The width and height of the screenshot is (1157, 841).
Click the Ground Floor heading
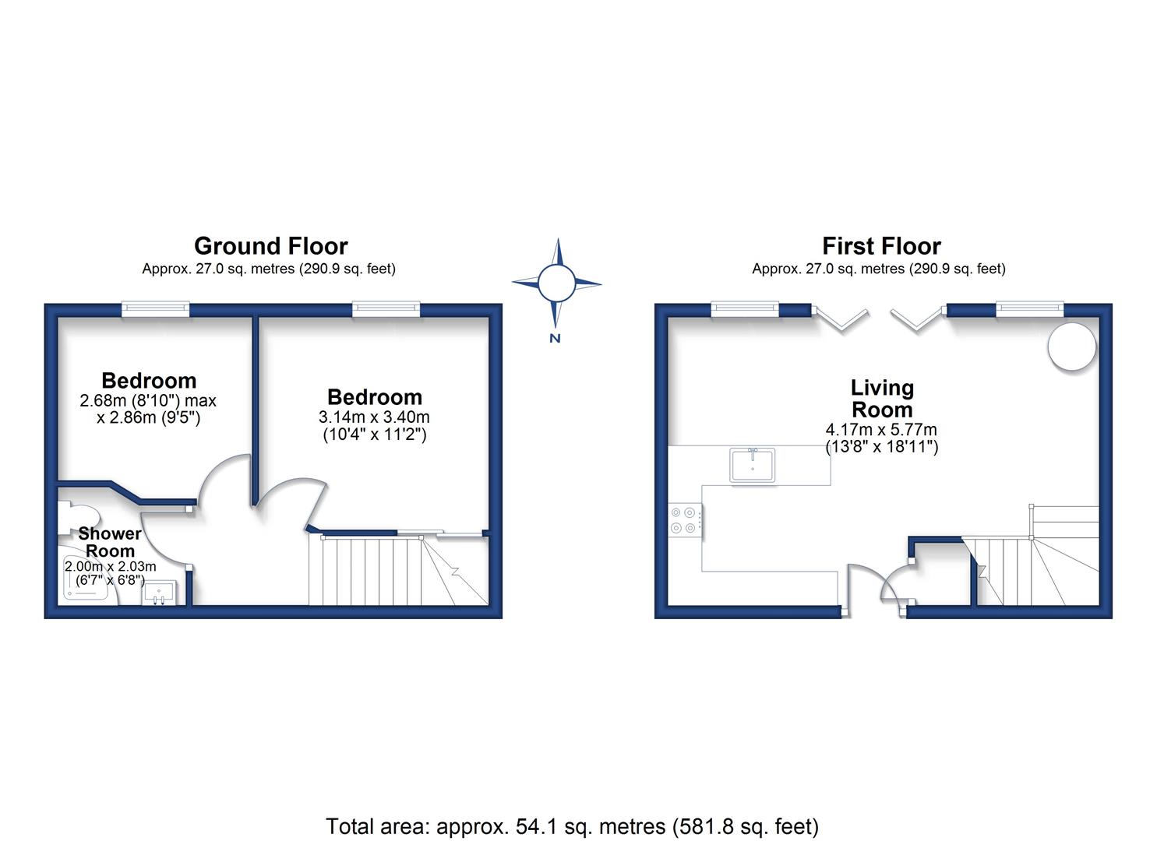coord(270,246)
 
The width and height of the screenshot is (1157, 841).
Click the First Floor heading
coord(881,246)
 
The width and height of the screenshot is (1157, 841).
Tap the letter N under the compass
coord(556,339)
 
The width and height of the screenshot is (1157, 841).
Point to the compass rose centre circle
coord(556,283)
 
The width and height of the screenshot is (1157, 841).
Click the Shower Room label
coord(110,542)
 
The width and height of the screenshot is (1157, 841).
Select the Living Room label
coord(882,399)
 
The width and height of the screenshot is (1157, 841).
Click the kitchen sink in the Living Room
coord(752,465)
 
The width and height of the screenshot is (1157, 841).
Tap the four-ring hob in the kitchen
coord(684,520)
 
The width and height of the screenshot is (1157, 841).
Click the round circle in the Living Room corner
coord(1072,347)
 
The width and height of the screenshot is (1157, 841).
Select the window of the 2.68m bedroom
coord(156,308)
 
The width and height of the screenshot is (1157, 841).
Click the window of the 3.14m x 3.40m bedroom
coord(386,308)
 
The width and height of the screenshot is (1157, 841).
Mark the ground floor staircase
coord(399,570)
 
